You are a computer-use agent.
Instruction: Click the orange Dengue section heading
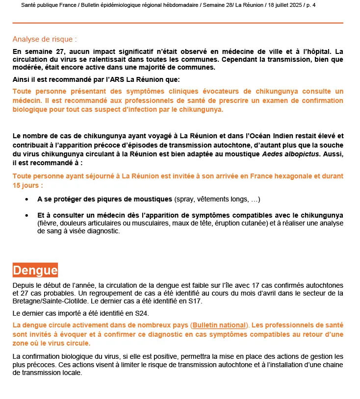(35, 270)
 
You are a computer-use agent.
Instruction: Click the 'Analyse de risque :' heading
(45, 39)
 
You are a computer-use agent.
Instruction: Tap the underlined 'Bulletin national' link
(218, 325)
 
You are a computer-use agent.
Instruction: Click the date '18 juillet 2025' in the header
(284, 5)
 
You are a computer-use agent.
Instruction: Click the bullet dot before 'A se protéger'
(26, 199)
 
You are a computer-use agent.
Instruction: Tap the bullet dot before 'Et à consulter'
(26, 216)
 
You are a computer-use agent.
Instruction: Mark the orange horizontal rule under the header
(178, 23)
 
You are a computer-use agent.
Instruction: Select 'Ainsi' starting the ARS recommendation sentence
(22, 79)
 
